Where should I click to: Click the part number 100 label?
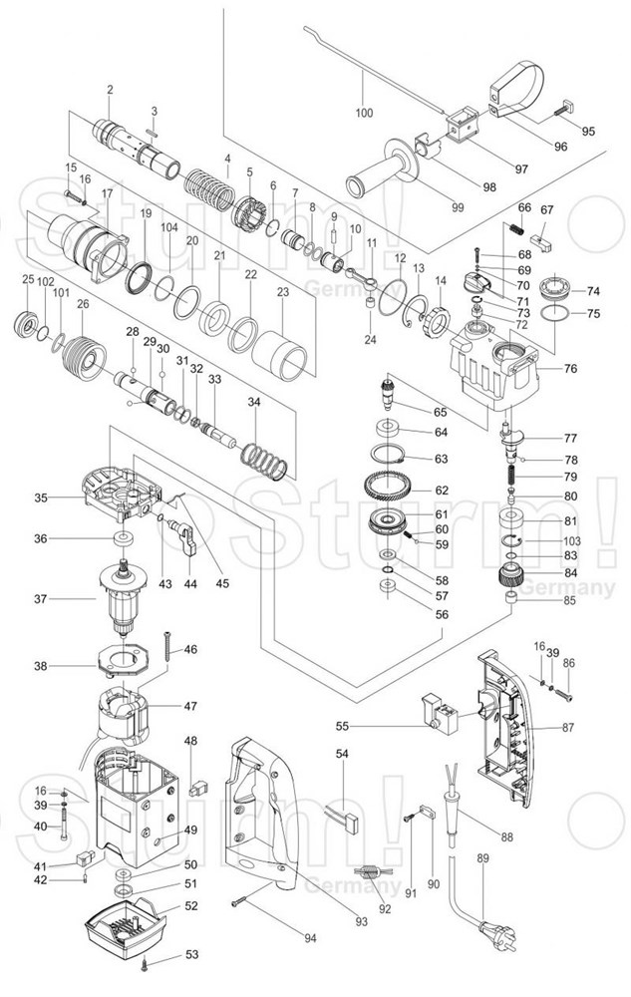(x=364, y=113)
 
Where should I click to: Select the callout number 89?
(x=483, y=858)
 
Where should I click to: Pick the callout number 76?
(x=571, y=369)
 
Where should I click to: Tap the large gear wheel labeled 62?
(x=390, y=492)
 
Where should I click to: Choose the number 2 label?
(x=110, y=91)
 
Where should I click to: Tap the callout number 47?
(x=189, y=706)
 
